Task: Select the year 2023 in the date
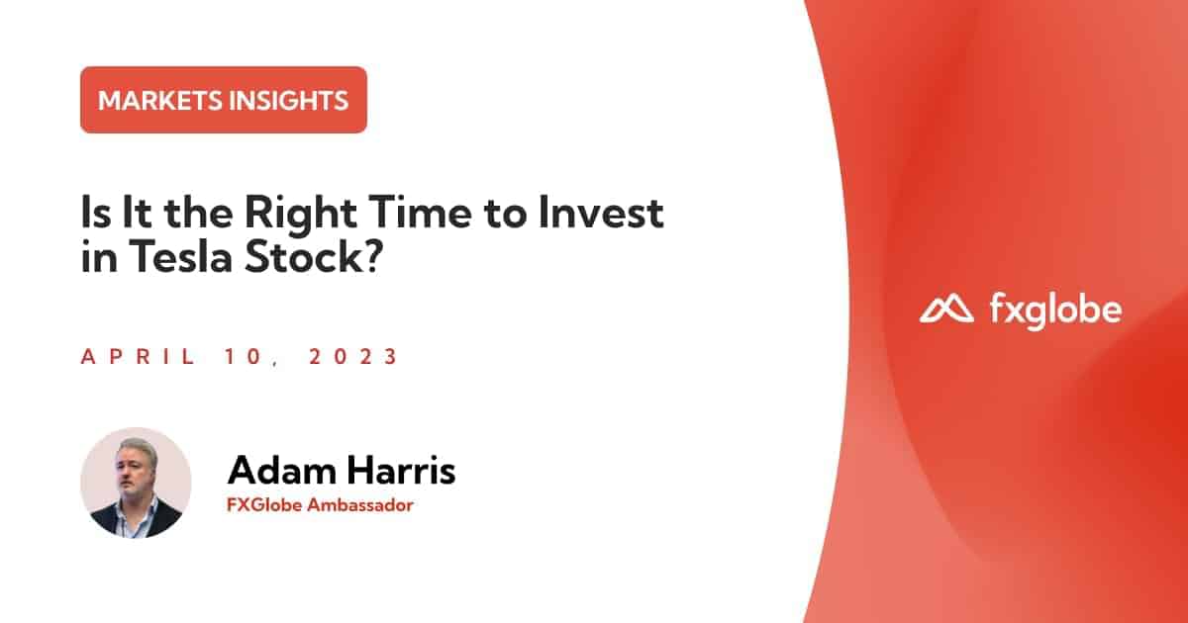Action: (x=353, y=357)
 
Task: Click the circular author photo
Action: (x=136, y=483)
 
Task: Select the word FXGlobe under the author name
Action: (x=260, y=505)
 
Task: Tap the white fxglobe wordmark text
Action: (x=1055, y=311)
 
